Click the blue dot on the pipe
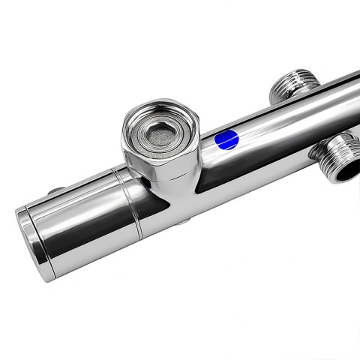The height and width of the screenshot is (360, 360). coord(226,139)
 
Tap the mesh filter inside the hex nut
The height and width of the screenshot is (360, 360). coord(160,134)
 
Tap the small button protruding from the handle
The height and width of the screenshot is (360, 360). coord(57,191)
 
